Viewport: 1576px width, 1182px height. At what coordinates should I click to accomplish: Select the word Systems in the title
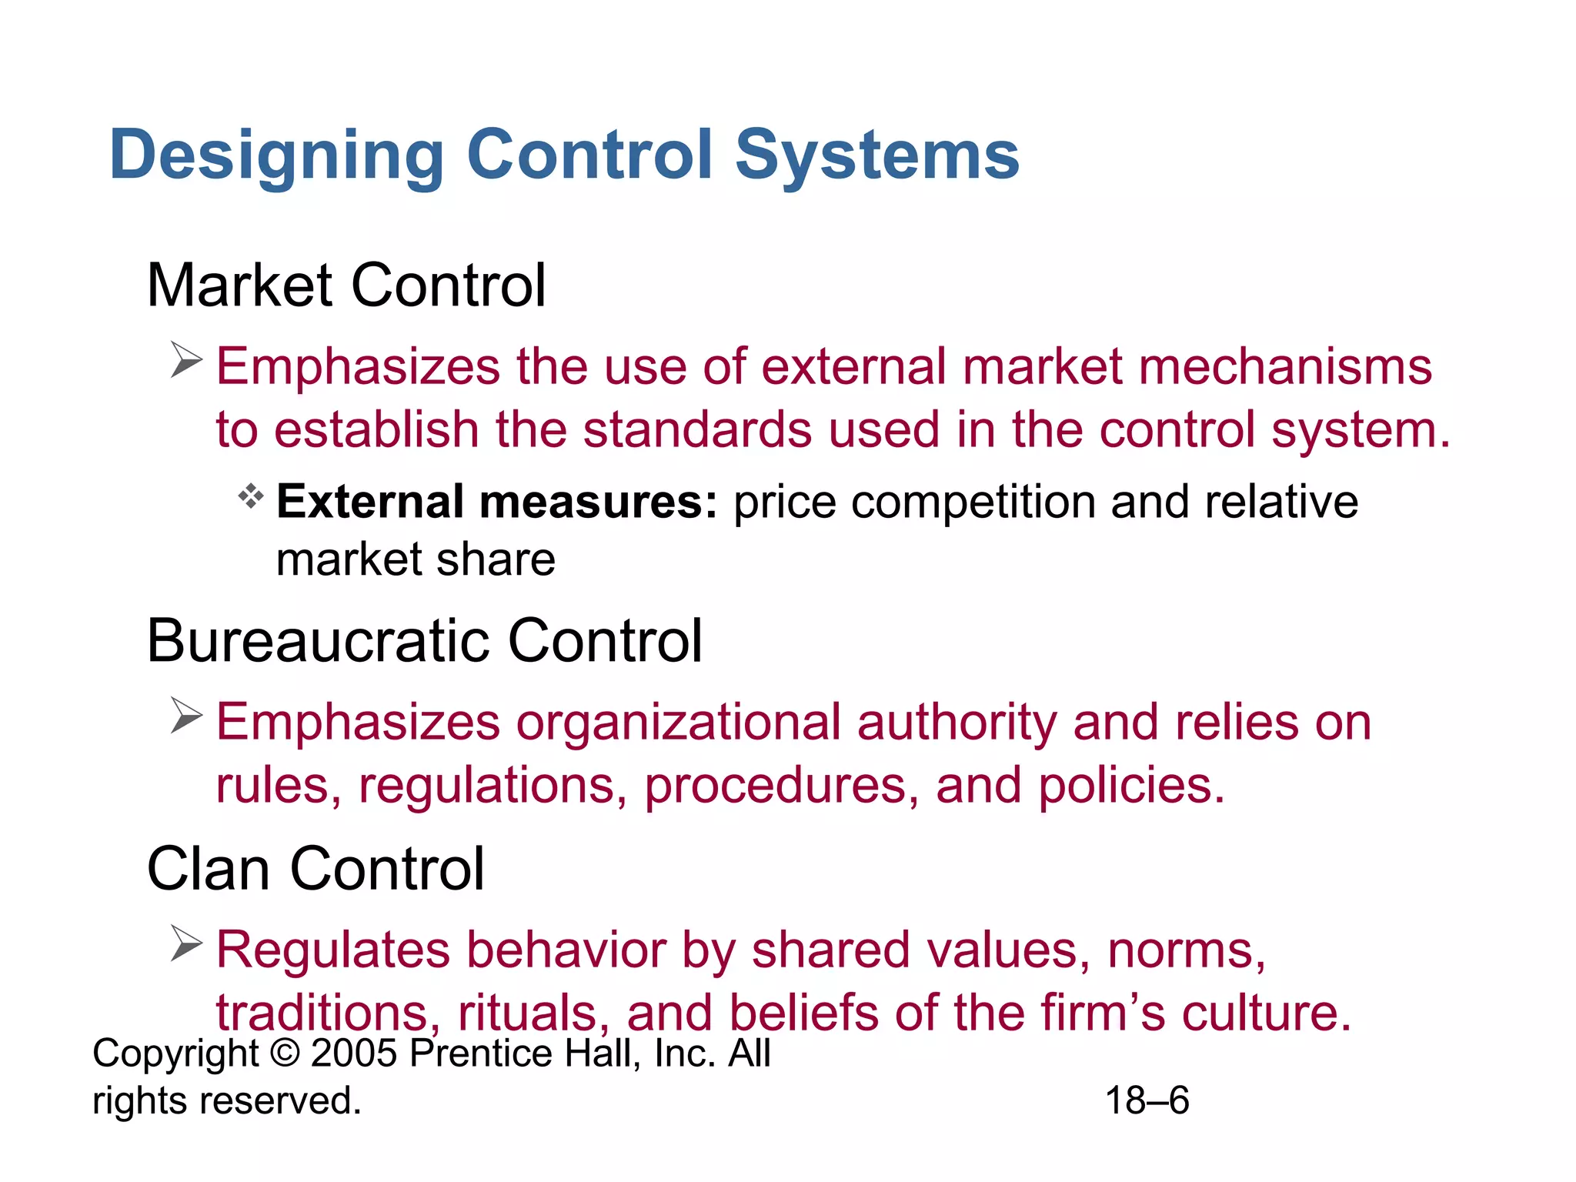877,155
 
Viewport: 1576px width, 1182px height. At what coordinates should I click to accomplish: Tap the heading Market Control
346,285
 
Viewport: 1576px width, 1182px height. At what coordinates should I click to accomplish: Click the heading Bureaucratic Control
424,641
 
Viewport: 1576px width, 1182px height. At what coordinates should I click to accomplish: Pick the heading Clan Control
316,869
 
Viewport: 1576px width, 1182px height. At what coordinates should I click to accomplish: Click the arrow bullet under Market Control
186,360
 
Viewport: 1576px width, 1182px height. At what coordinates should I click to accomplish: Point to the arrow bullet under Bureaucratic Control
186,716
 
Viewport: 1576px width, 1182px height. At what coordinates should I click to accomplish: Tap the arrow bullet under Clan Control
186,943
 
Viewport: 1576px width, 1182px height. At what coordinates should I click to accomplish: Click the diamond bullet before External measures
251,496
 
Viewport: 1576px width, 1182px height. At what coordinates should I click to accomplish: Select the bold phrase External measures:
496,503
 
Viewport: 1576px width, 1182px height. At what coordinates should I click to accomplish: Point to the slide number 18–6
1147,1100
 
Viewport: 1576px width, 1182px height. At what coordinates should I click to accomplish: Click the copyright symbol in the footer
285,1053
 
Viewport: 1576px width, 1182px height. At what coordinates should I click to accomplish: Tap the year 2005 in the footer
355,1053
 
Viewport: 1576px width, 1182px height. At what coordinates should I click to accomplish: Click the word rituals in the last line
528,1013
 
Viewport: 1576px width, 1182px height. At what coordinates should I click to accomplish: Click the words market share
416,559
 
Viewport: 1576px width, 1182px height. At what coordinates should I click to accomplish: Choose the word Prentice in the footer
480,1053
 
